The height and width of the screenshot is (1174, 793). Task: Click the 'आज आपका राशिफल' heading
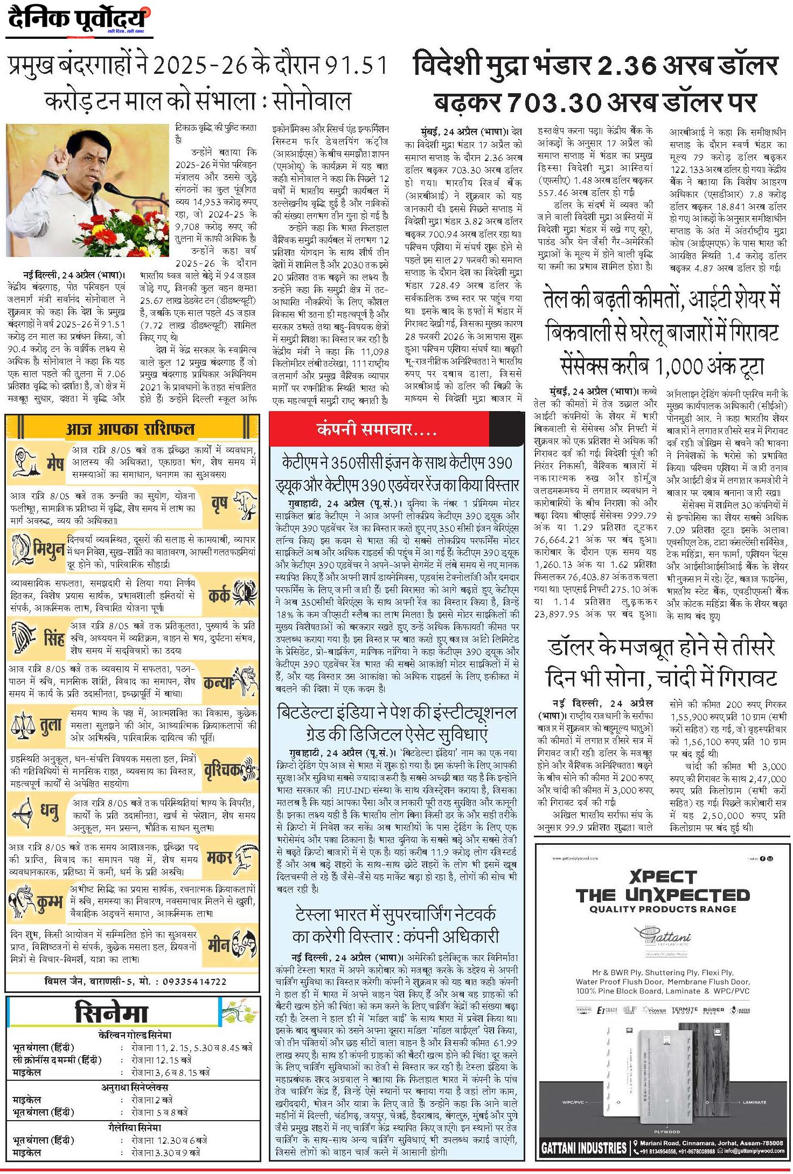coord(130,429)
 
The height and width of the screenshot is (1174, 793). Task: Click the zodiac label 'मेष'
coord(55,463)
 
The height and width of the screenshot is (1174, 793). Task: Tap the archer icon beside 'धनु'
coord(24,811)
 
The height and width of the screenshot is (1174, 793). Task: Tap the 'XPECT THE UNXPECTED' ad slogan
coord(662,887)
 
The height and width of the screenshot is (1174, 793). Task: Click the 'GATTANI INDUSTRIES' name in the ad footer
coord(584,1148)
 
